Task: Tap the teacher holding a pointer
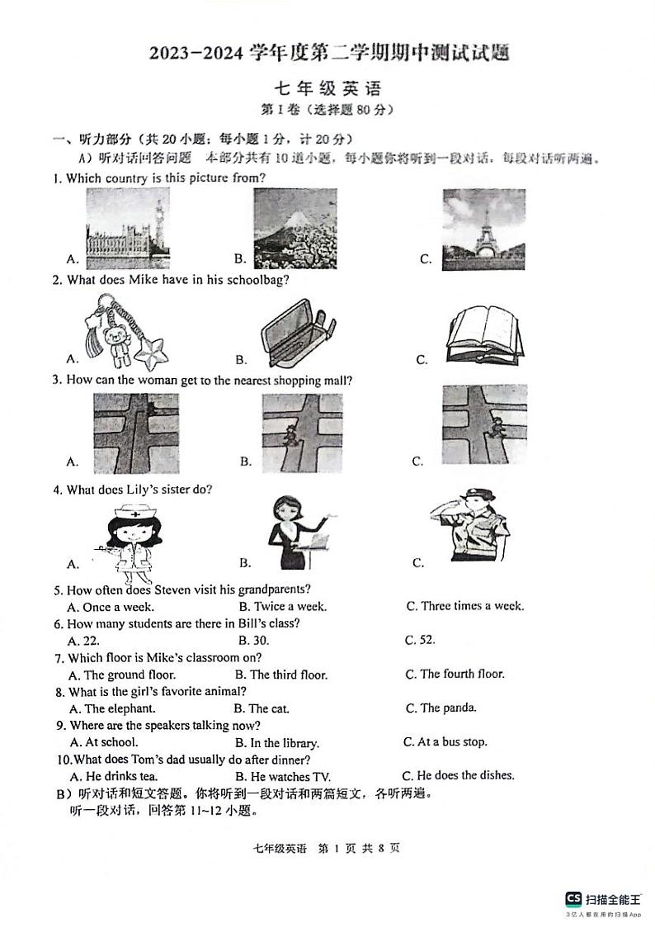tap(297, 533)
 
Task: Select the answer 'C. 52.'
tap(420, 640)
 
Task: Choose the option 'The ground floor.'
tap(122, 675)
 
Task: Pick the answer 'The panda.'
tap(448, 708)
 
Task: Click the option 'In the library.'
tap(284, 743)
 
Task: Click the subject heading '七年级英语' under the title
tap(327, 90)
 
